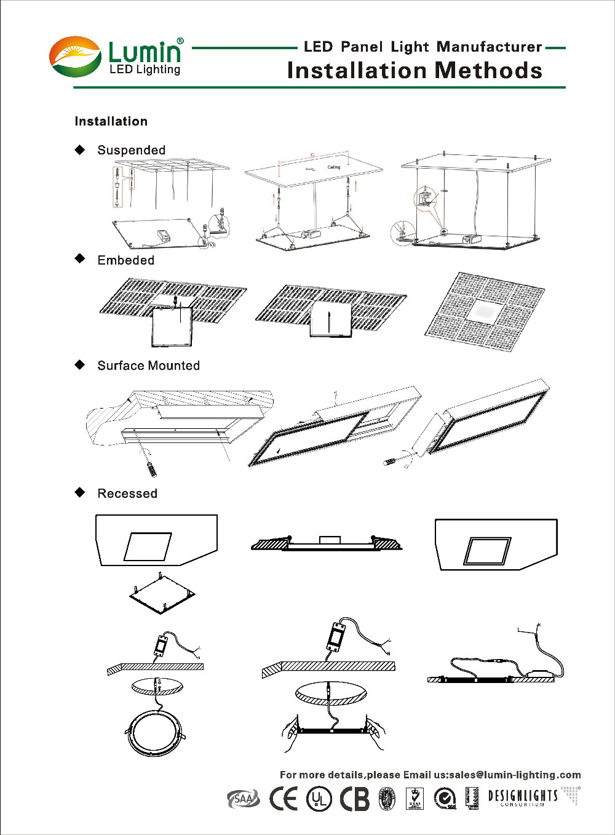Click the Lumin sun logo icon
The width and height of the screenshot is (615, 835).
(x=75, y=57)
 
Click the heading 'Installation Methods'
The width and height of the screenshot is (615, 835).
(x=415, y=71)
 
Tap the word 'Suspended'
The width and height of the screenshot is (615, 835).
(x=131, y=150)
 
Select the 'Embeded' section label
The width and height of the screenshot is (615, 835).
(x=125, y=260)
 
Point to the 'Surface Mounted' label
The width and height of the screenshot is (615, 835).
(x=148, y=366)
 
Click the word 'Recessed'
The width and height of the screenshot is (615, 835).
(x=127, y=493)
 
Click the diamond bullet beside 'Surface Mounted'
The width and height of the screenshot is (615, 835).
(x=80, y=365)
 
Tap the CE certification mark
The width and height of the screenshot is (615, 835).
(x=284, y=798)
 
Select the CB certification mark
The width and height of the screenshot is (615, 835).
(x=355, y=799)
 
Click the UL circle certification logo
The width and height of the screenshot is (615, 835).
(x=319, y=799)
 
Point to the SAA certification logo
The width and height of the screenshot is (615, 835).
(x=244, y=799)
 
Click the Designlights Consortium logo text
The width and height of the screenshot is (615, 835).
(x=523, y=797)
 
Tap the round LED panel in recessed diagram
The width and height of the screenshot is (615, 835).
(x=156, y=733)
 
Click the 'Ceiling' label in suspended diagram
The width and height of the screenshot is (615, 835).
(x=333, y=167)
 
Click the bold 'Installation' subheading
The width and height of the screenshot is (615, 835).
(x=111, y=121)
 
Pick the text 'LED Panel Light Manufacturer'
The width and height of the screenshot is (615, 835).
(x=423, y=47)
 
